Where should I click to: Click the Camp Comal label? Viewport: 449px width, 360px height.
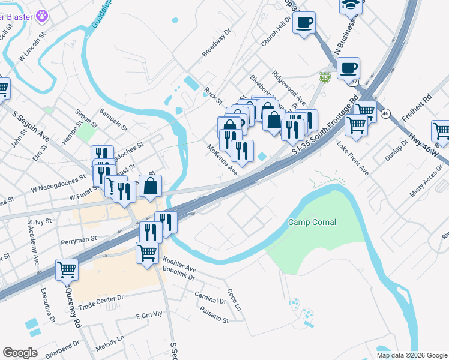click(x=312, y=223)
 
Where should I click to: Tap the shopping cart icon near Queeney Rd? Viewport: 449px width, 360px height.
click(x=67, y=269)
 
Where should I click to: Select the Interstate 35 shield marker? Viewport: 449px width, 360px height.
click(x=325, y=77)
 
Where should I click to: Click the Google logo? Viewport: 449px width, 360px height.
click(x=20, y=353)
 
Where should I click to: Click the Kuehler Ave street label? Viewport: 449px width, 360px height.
click(x=179, y=265)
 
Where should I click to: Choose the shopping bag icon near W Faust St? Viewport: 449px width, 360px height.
click(x=150, y=187)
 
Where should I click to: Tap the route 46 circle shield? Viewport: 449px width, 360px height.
click(x=385, y=113)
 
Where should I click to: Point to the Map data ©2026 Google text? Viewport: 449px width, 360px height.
click(x=411, y=355)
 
